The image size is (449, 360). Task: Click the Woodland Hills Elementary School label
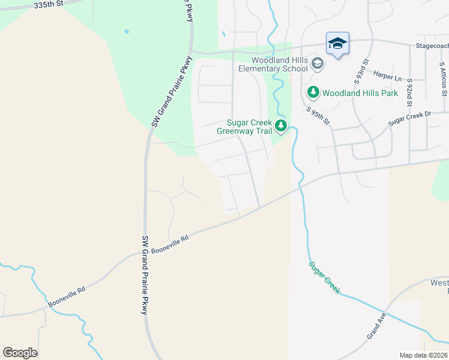[x=273, y=64]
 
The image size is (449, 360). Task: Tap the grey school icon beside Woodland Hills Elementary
[x=318, y=63]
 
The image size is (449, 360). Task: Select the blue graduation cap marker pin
[x=337, y=43]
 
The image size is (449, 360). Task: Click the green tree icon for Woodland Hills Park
[x=313, y=92]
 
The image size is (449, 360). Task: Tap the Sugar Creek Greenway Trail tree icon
[x=280, y=125]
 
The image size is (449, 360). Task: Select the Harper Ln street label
[x=387, y=76]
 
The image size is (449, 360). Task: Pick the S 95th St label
[x=318, y=116]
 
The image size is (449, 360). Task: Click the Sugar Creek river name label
[x=325, y=277]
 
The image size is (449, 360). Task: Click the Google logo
[x=20, y=353]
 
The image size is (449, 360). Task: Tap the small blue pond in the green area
[x=126, y=31]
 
